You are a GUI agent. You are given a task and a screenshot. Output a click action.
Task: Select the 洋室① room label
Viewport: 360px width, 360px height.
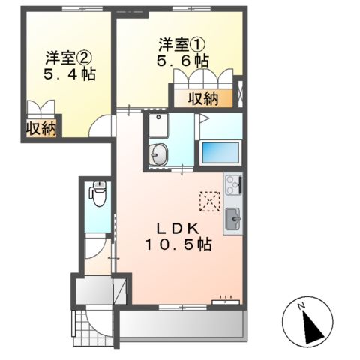(x=177, y=43)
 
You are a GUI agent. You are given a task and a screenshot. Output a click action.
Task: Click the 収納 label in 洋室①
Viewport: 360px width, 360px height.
(x=203, y=97)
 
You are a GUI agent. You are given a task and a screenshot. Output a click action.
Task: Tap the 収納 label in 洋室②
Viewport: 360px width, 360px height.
(x=41, y=128)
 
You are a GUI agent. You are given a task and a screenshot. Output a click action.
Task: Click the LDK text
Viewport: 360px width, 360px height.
(x=177, y=227)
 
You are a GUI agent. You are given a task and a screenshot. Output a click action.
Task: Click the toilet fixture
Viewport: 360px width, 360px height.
(x=97, y=195)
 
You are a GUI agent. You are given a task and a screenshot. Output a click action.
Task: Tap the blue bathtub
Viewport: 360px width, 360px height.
(x=220, y=152)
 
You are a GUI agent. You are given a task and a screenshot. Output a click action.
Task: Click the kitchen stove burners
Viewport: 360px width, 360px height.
(x=232, y=182)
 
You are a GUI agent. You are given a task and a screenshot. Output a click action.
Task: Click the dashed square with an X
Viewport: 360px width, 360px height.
(x=209, y=201)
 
